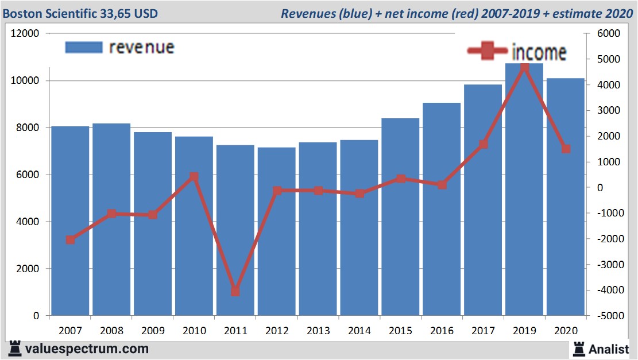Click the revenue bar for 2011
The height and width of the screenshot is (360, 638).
click(235, 230)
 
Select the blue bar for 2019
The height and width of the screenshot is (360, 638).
click(524, 189)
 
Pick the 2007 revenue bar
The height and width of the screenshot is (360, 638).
click(70, 221)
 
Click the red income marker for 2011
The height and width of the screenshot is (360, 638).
click(235, 291)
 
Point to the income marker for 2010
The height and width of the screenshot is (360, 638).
click(194, 177)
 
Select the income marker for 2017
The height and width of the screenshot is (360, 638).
click(483, 145)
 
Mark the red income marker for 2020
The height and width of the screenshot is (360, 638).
click(565, 149)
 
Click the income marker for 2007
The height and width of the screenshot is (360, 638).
click(70, 240)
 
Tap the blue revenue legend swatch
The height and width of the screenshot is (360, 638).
click(84, 47)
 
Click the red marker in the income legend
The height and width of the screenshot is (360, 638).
click(488, 52)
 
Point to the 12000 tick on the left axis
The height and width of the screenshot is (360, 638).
click(25, 34)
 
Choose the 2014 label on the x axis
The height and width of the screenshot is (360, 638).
click(359, 331)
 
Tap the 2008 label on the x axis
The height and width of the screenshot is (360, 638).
click(111, 331)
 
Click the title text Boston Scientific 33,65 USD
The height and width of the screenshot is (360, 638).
click(80, 13)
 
